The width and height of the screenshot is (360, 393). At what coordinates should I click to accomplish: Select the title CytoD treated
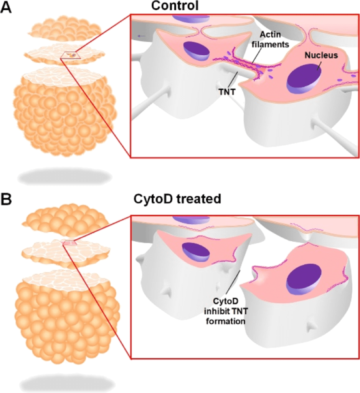tap(177, 199)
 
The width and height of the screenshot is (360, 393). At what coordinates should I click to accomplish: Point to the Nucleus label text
tap(321, 55)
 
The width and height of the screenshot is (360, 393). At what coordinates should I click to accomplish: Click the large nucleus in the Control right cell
tap(304, 80)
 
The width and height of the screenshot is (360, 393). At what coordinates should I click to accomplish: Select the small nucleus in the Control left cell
tap(196, 51)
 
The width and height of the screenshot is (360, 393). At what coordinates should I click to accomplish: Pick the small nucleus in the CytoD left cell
tap(196, 252)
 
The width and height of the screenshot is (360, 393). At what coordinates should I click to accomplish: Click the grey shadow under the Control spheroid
tap(64, 177)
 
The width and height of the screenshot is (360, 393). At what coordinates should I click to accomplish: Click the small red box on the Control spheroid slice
tap(71, 55)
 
